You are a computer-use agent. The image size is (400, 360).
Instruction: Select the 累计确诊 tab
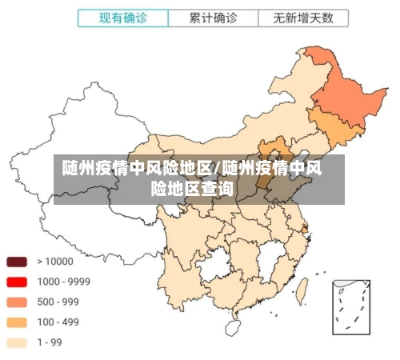(213, 18)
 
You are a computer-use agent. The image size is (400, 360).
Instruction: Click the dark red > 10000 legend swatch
(18, 261)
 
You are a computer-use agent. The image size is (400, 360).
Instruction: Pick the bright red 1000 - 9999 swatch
(18, 282)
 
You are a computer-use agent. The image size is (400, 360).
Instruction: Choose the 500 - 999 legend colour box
(18, 302)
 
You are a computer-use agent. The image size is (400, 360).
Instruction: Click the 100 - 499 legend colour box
(18, 322)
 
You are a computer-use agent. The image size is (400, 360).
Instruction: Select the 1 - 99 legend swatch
(18, 342)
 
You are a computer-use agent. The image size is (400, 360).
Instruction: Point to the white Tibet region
(88, 220)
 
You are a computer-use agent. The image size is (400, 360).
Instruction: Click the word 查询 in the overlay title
(217, 189)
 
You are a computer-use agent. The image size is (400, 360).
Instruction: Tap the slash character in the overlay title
(218, 169)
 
